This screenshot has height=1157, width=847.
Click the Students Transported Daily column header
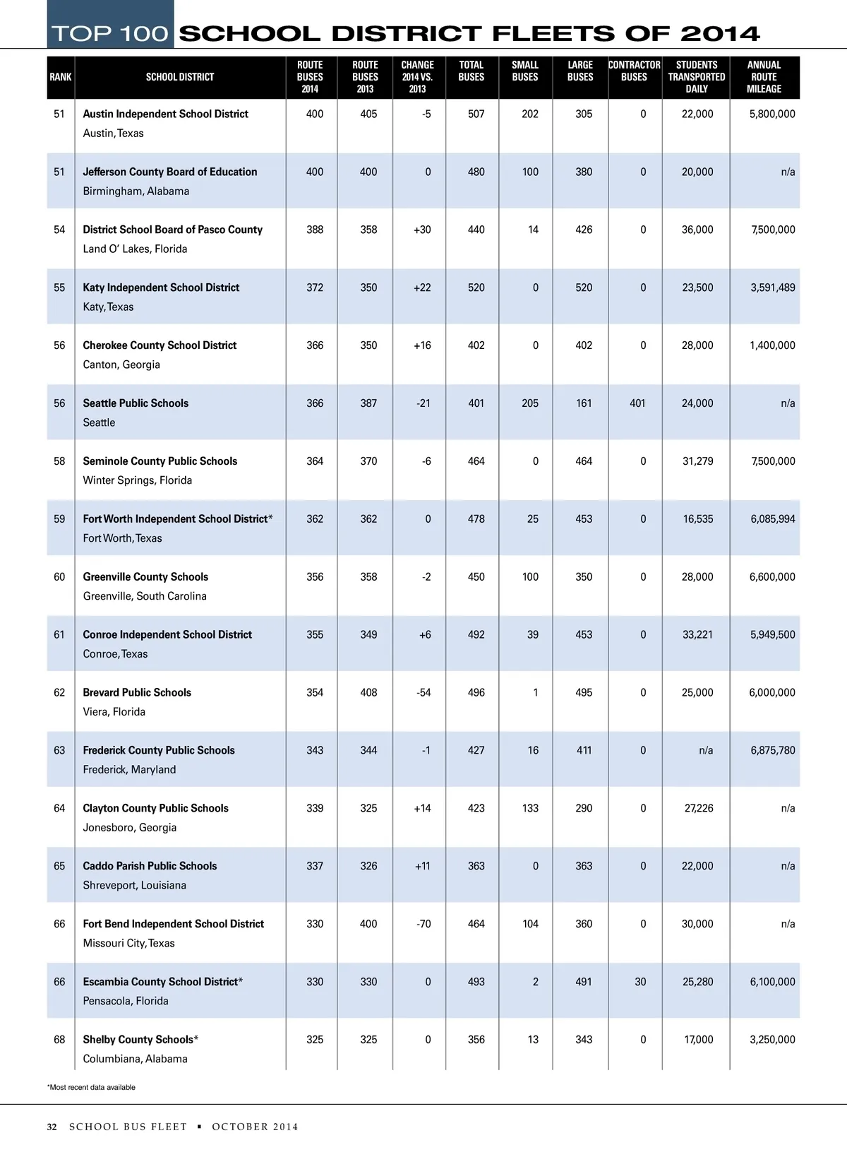(x=696, y=77)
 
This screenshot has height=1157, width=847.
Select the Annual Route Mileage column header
(x=764, y=77)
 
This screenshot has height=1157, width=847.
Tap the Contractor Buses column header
(x=634, y=71)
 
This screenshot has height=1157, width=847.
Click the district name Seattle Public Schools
(x=136, y=403)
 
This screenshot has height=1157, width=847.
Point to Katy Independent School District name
(x=161, y=287)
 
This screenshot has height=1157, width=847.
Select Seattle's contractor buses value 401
(x=637, y=403)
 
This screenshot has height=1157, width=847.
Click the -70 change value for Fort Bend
(x=423, y=924)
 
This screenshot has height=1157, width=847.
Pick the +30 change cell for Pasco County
(x=422, y=230)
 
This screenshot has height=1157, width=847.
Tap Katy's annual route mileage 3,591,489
(x=772, y=287)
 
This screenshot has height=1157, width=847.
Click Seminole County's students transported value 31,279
(x=697, y=461)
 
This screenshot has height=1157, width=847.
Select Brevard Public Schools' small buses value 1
(x=535, y=692)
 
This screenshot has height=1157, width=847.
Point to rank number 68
(x=59, y=1040)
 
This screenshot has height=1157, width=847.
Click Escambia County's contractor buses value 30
(x=640, y=982)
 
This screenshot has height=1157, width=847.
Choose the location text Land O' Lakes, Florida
(x=135, y=249)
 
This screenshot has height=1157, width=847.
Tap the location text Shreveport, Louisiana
(x=134, y=885)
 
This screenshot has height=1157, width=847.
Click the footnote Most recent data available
(x=91, y=1087)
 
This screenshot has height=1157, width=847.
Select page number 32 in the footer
(x=52, y=1127)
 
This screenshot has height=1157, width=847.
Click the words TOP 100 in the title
(x=110, y=33)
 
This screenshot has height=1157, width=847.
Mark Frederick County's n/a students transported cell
(x=706, y=750)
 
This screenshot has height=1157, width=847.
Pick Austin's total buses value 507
(x=476, y=114)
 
